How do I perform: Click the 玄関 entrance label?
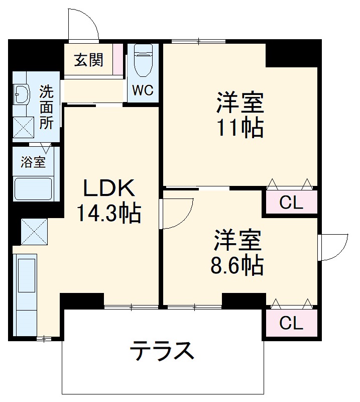[x=89, y=60]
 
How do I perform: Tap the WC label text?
[x=143, y=90]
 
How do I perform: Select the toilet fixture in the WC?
[x=143, y=63]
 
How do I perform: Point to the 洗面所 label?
[x=46, y=108]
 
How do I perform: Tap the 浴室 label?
[x=33, y=162]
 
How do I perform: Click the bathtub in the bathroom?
[x=33, y=189]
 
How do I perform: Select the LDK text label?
[x=108, y=189]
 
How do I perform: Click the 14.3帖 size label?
[x=108, y=214]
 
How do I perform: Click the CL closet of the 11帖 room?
[x=291, y=203]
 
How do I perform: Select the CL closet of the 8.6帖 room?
[x=291, y=323]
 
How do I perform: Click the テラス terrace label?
[x=162, y=351]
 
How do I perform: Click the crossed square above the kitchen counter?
[x=34, y=231]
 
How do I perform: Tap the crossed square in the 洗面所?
[x=23, y=128]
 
